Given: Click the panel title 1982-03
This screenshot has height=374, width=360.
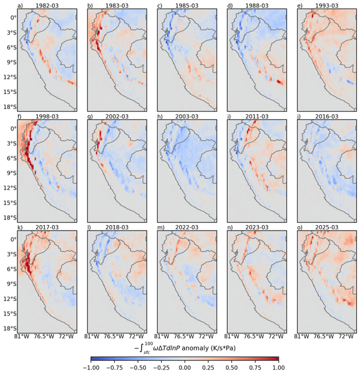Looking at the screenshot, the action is tap(47, 6).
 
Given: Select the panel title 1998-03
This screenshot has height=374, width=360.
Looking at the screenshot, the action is tap(47, 117).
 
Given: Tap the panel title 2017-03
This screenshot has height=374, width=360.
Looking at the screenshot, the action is tap(47, 228).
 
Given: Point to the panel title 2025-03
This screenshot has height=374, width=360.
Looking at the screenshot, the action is tap(327, 228).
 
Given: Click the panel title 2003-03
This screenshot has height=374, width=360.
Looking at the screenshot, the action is tap(187, 117).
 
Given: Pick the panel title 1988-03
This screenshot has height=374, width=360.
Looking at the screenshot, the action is tap(257, 6).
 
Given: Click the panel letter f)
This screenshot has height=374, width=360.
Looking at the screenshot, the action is tap(19, 117).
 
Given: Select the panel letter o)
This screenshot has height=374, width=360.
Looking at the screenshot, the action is tap(300, 228).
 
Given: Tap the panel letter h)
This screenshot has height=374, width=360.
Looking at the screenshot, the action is tap(160, 117).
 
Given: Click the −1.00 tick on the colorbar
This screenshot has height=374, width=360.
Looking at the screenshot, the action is tap(90, 368).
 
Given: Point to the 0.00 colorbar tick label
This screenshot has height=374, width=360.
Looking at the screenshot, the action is tap(185, 368).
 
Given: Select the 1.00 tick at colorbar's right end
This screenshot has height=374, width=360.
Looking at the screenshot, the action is tap(279, 368).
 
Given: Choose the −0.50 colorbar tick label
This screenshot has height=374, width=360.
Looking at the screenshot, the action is tap(138, 368).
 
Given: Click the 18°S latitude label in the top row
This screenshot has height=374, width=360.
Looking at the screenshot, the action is tap(10, 107).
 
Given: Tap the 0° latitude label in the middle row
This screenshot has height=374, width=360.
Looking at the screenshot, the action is tap(13, 128).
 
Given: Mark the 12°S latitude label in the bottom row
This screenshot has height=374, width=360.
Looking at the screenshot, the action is tap(10, 299).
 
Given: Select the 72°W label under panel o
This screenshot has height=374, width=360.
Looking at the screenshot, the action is tap(346, 337).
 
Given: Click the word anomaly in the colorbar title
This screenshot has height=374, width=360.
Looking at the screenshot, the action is tap(195, 348).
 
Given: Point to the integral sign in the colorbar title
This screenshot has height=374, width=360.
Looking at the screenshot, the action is tap(140, 348).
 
